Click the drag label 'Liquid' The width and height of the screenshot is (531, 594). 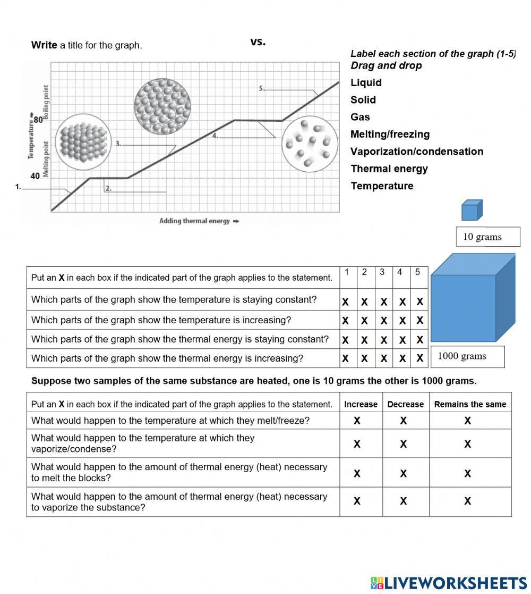pyautogui.click(x=366, y=82)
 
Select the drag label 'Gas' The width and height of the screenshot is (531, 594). pyautogui.click(x=360, y=117)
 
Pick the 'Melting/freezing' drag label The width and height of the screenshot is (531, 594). pyautogui.click(x=390, y=134)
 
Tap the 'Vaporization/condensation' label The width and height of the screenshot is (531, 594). pyautogui.click(x=417, y=152)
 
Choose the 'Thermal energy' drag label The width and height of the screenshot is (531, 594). pyautogui.click(x=389, y=169)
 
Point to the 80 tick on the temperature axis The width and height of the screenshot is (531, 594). pyautogui.click(x=38, y=120)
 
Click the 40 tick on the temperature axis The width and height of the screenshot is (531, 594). pyautogui.click(x=35, y=176)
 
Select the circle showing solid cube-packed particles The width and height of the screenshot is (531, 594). pyautogui.click(x=83, y=141)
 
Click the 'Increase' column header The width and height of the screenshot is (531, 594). pyautogui.click(x=361, y=404)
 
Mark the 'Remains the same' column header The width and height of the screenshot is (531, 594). pyautogui.click(x=470, y=404)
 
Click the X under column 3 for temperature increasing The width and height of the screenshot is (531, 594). pyautogui.click(x=383, y=321)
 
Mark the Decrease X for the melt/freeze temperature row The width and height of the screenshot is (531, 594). pyautogui.click(x=404, y=421)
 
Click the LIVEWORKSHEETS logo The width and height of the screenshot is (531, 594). pyautogui.click(x=448, y=582)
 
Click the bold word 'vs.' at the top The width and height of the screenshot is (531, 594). pyautogui.click(x=258, y=42)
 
